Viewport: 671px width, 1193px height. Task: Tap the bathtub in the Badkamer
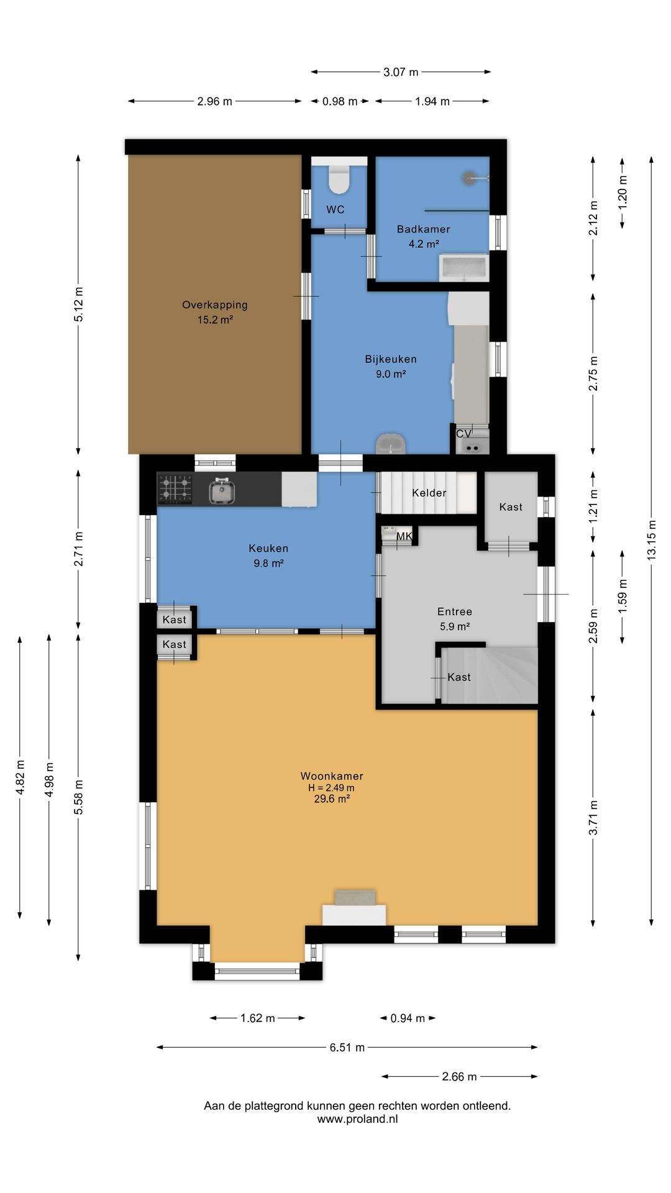463,267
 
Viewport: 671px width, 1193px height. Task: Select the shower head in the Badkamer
469,178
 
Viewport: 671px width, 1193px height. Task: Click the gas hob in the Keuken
175,488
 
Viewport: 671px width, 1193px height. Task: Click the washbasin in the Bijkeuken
391,444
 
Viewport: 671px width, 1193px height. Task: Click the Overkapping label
215,305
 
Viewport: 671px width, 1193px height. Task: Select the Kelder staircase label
429,493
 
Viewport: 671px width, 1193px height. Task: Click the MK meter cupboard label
404,536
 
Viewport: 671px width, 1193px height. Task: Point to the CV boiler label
463,434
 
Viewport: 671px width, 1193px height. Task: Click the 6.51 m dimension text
347,1047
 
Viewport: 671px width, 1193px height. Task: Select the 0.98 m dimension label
340,101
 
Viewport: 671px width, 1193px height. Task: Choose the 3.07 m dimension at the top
401,72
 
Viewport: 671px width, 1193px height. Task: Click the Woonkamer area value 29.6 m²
332,799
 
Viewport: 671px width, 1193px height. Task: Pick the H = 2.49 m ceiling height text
332,788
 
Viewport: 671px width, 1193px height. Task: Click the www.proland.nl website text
357,1119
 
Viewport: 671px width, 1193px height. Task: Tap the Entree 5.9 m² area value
455,627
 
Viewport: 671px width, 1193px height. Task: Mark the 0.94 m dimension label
408,1018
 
